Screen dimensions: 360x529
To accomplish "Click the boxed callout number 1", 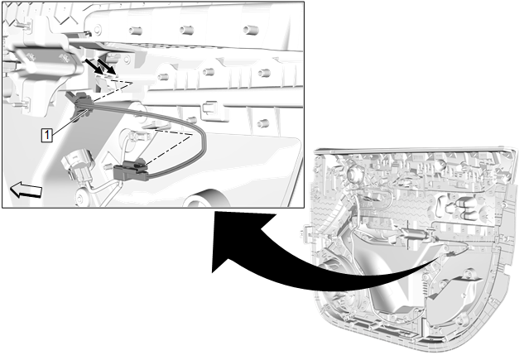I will [49, 132].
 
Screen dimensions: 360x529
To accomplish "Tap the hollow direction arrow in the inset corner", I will [25, 191].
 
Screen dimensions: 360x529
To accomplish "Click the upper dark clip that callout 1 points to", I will [82, 103].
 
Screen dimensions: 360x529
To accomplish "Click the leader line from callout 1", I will [65, 121].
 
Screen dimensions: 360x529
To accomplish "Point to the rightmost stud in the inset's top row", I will [247, 31].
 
